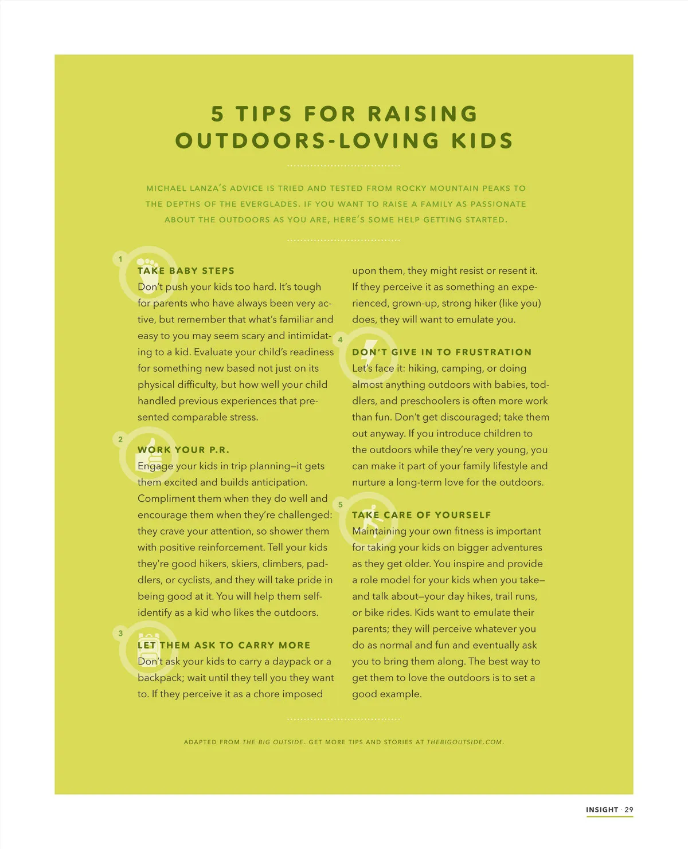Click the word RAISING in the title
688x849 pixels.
pyautogui.click(x=423, y=114)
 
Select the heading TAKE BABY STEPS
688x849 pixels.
pyautogui.click(x=186, y=270)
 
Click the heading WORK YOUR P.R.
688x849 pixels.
pyautogui.click(x=183, y=450)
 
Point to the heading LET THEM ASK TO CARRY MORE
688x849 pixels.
pyautogui.click(x=224, y=645)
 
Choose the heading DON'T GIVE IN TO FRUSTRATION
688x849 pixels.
pyautogui.click(x=441, y=352)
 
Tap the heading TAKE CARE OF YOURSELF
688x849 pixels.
pyautogui.click(x=421, y=514)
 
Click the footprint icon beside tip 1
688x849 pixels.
pyautogui.click(x=148, y=274)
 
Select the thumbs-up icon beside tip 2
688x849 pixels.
pyautogui.click(x=147, y=454)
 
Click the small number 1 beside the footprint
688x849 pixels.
pyautogui.click(x=120, y=259)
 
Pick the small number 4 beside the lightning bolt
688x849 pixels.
pyautogui.click(x=340, y=340)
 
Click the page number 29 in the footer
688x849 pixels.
pyautogui.click(x=629, y=809)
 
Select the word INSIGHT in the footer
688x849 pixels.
pyautogui.click(x=602, y=809)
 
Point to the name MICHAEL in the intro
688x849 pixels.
pyautogui.click(x=166, y=188)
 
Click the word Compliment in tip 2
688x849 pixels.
pyautogui.click(x=166, y=498)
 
